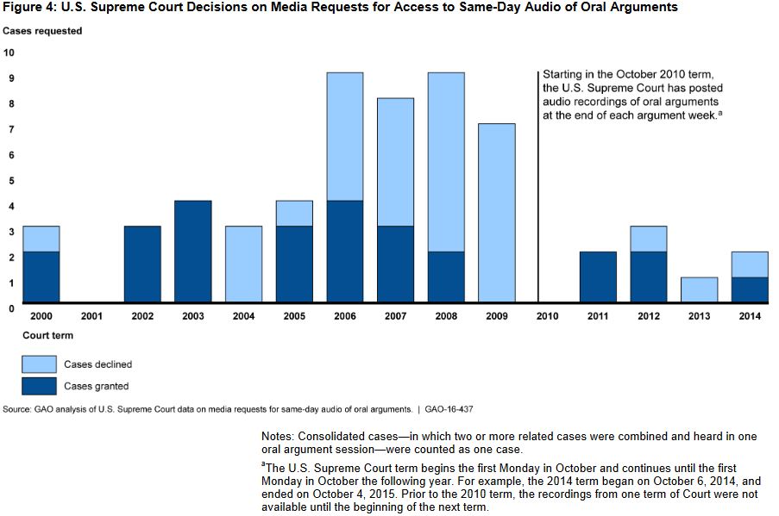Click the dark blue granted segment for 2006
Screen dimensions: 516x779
[344, 251]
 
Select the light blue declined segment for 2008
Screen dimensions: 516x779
[446, 162]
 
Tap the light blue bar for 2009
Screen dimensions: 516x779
[497, 213]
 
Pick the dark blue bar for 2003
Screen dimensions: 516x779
[192, 251]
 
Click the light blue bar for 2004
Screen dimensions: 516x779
[243, 264]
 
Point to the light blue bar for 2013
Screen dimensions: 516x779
[700, 289]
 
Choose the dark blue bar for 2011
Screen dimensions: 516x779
[598, 277]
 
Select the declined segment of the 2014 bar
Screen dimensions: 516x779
[751, 264]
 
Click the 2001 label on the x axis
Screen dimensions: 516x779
[91, 317]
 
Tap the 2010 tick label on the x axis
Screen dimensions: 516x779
[548, 317]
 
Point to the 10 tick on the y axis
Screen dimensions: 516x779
[9, 53]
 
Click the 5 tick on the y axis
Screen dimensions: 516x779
[9, 181]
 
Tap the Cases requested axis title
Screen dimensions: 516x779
[42, 31]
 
